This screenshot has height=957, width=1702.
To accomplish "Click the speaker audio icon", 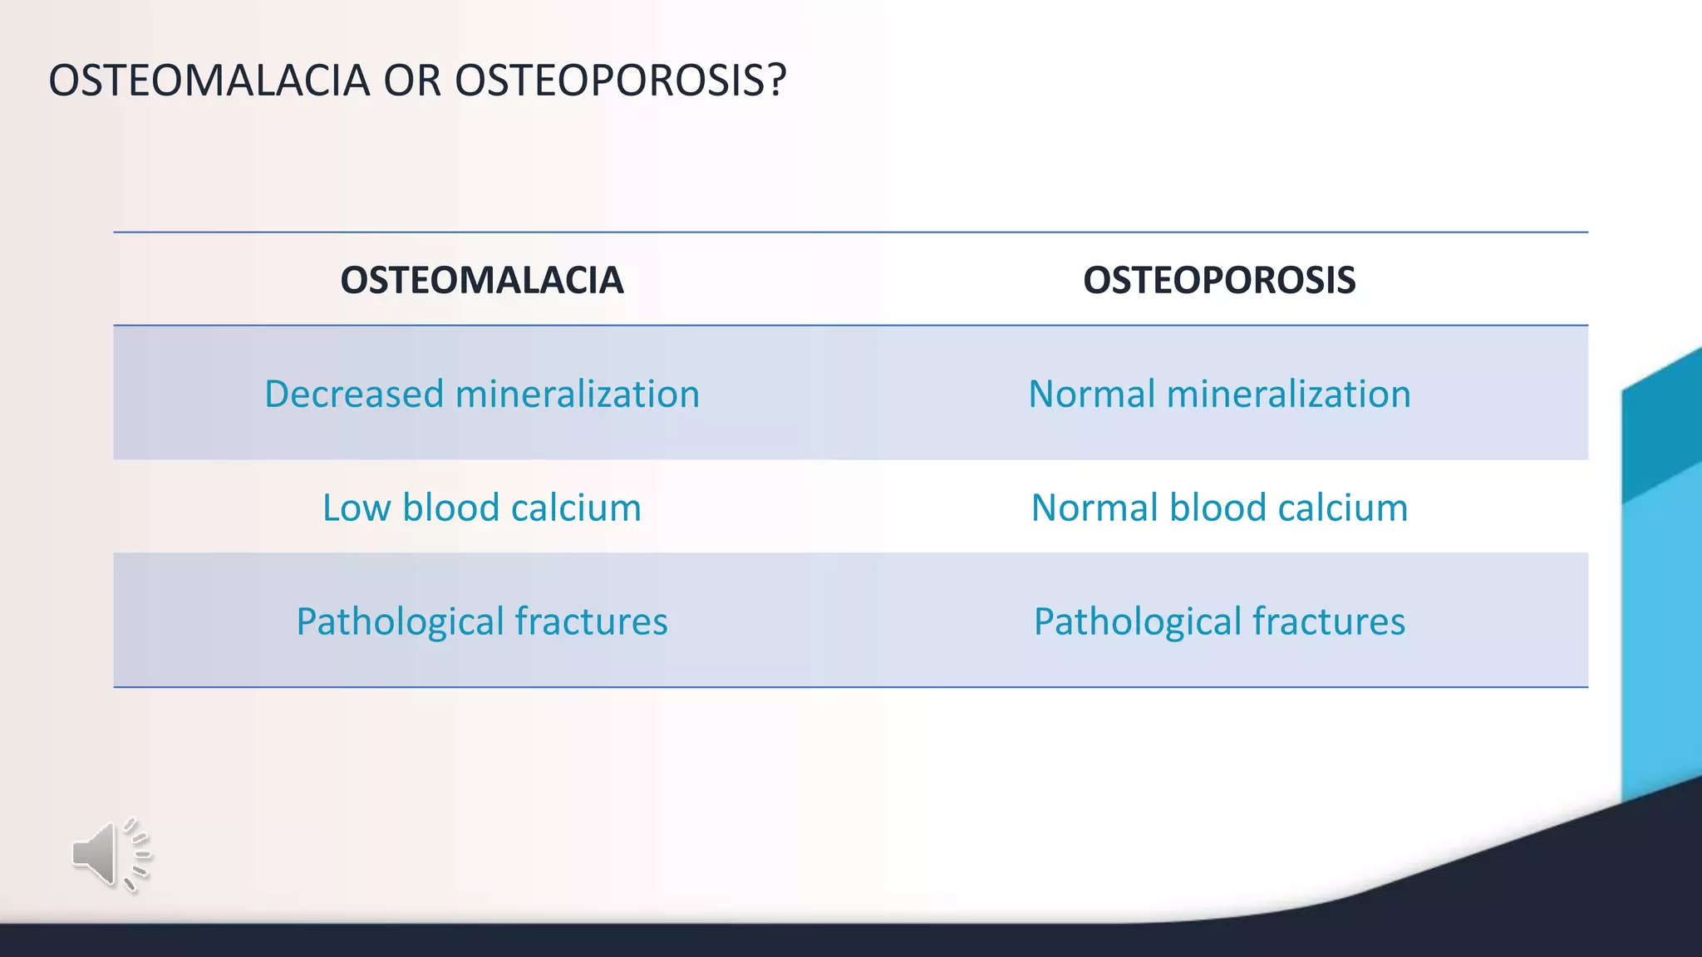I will pos(109,854).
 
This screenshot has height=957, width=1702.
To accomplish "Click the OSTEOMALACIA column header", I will pos(481,280).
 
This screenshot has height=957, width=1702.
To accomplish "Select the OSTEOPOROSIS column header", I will pos(1218,280).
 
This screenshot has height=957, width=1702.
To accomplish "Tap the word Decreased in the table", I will pos(353,394).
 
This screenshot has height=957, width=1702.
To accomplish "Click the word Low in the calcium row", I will pos(356,508).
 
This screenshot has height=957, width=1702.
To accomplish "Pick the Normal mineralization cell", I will pos(1218,394).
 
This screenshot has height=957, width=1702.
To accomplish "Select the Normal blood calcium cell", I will pos(1218,508).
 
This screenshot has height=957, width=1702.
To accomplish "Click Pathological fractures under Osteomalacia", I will pos(481,621).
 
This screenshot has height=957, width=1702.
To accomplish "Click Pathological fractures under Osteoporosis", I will pos(1218,621).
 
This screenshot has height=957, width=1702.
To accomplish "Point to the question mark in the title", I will pos(776,81).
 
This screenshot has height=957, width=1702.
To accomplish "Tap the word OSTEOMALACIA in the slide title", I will pos(209,81).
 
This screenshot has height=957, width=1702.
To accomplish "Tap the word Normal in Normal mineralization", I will pos(1092,394).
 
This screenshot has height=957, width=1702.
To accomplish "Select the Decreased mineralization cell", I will pos(481,394).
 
